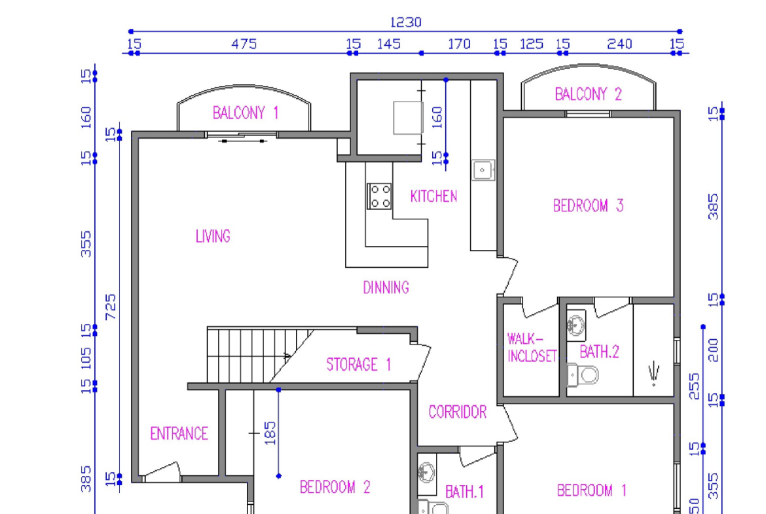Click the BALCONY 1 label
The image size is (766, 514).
(246, 113)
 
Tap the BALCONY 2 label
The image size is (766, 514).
(588, 94)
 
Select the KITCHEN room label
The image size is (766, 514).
(434, 196)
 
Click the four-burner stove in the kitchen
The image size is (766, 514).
(380, 196)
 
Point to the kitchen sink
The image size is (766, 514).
(483, 170)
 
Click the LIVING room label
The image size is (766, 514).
(213, 236)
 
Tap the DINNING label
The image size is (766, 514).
(386, 287)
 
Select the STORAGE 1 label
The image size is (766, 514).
(359, 365)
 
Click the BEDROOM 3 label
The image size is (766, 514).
(588, 206)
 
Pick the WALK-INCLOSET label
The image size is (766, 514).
(532, 348)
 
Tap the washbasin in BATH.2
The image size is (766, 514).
(576, 325)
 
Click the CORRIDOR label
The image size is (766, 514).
(457, 412)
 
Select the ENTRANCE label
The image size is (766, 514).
(179, 433)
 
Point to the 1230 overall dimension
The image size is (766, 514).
(405, 22)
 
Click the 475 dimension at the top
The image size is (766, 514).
(244, 44)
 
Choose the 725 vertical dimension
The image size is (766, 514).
(111, 307)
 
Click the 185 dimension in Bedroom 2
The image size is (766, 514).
(270, 433)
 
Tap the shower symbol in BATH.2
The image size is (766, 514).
(654, 375)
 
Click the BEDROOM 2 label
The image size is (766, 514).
(335, 487)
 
